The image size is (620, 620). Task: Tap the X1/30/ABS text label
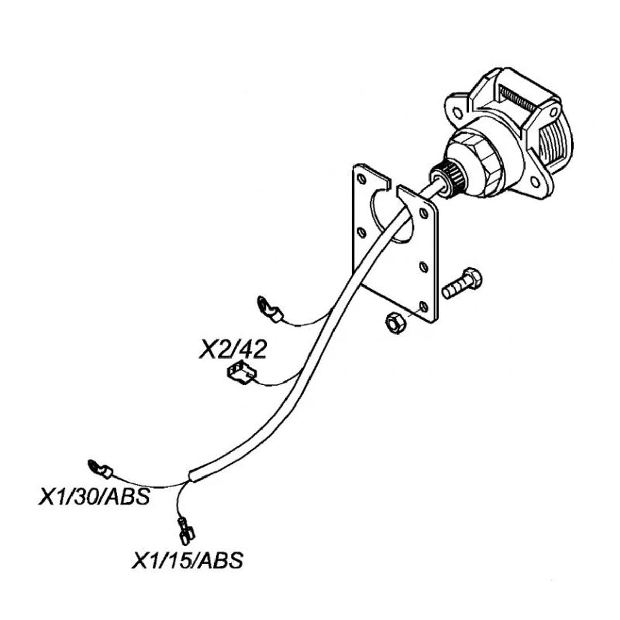(94, 497)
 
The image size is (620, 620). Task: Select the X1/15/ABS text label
(186, 560)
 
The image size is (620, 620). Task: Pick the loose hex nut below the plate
(394, 323)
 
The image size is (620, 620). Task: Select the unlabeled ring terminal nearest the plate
(269, 309)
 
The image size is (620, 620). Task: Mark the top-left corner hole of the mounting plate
(362, 179)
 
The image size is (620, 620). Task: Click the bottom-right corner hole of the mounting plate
(423, 306)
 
